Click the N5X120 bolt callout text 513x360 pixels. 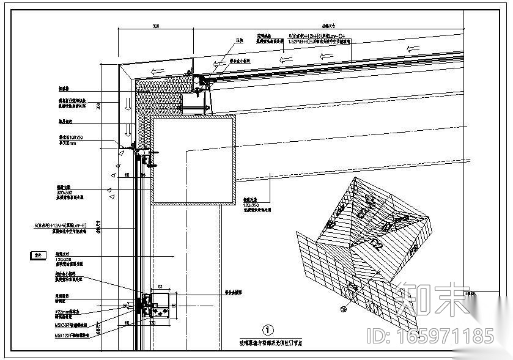point(69,335)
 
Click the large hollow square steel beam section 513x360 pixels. point(194,159)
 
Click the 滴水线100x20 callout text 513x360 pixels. point(67,139)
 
